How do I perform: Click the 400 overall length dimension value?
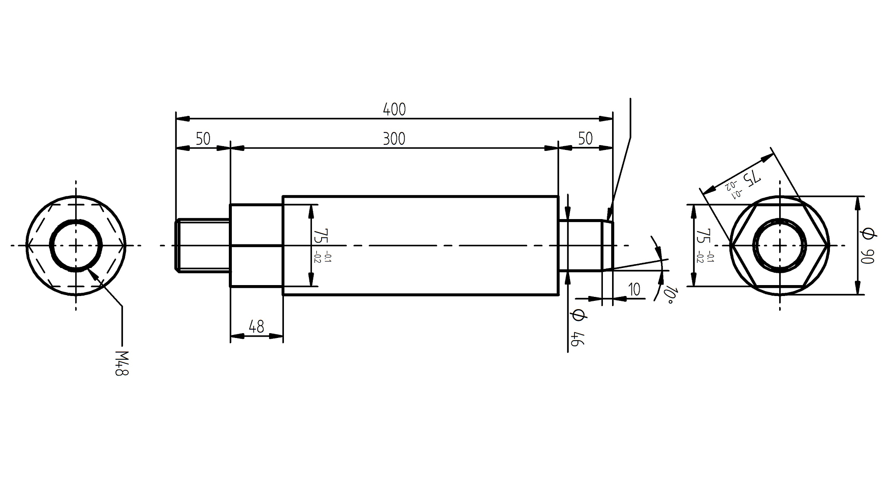tap(394, 109)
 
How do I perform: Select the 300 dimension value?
tap(394, 139)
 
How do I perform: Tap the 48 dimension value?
tap(256, 327)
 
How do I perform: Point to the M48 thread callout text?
tap(122, 363)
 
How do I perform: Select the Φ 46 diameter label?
tap(577, 328)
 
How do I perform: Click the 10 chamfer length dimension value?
tap(634, 289)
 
